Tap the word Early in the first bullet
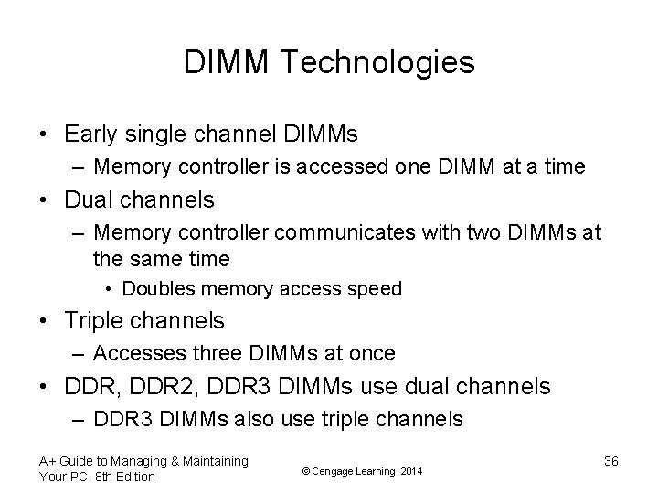coord(91,134)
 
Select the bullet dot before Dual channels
coord(44,199)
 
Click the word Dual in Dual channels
coord(90,199)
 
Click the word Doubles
coord(157,289)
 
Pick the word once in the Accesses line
coord(372,352)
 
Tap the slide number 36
coord(611,462)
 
